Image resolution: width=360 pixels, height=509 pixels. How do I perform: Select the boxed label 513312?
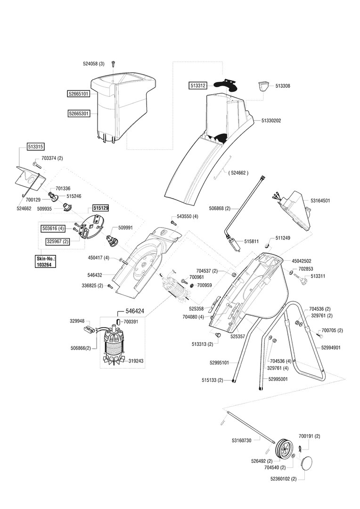(197, 86)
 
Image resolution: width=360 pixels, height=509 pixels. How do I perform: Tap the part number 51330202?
(271, 121)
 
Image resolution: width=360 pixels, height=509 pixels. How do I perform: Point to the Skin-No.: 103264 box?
(45, 262)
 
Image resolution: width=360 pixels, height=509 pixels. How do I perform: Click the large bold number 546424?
(134, 312)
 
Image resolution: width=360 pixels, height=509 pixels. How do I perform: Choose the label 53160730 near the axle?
(242, 440)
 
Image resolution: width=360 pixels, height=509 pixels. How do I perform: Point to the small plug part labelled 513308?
(262, 87)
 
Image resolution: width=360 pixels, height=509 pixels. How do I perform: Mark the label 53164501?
(320, 200)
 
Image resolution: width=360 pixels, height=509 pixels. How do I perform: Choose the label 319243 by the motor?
(136, 361)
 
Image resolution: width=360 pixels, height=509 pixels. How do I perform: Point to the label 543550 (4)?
(188, 216)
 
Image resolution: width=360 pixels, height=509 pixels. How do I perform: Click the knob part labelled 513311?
(302, 281)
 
